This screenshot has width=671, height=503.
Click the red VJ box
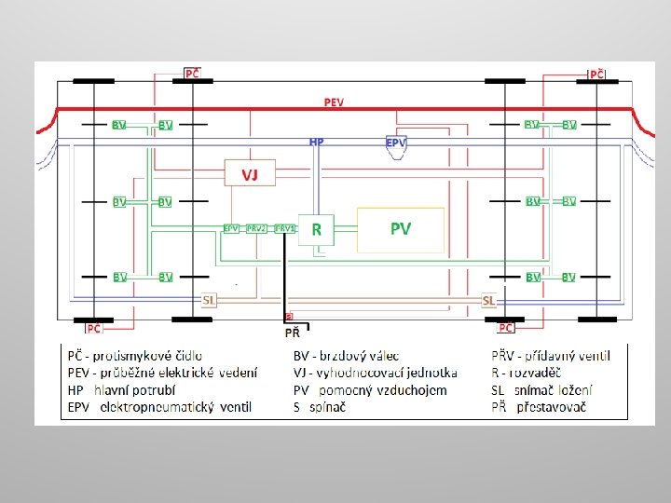tap(250, 174)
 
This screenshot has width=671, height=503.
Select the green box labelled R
tap(316, 229)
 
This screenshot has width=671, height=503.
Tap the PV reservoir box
tap(401, 229)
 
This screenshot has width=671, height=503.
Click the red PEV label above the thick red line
tap(333, 102)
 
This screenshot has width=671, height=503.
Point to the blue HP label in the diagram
tap(317, 142)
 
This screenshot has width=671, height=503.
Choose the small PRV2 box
tap(256, 228)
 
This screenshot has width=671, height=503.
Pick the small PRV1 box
tap(284, 228)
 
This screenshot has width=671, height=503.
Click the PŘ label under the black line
tap(292, 332)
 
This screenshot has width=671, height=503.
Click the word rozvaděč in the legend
tap(541, 373)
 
